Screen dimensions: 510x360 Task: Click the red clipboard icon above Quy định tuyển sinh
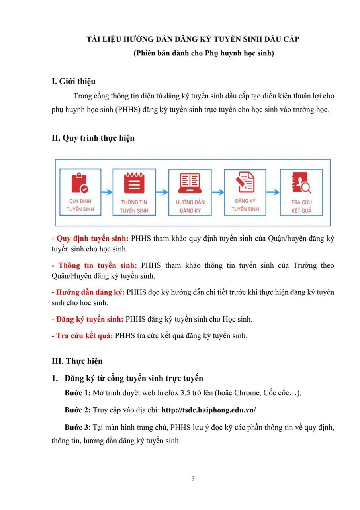tap(80, 183)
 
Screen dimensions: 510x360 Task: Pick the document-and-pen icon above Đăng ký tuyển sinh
tap(245, 182)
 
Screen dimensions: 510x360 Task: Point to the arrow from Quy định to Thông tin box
tap(107, 192)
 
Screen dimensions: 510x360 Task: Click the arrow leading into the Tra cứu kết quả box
tap(273, 192)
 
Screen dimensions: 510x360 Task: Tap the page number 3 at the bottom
tap(193, 479)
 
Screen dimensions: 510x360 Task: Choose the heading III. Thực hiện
tap(77, 361)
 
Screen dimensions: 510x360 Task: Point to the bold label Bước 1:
tap(78, 393)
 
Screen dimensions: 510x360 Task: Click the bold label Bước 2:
tap(78, 410)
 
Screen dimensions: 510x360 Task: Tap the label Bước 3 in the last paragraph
tap(76, 428)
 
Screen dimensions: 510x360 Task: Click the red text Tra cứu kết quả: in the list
tap(82, 335)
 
